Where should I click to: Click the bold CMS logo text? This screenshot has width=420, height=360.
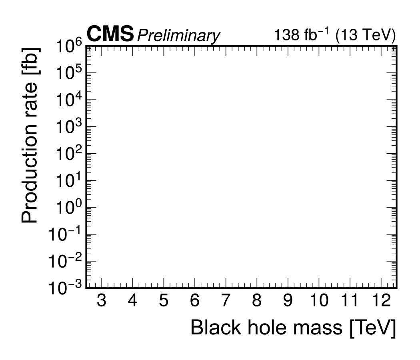tap(110, 34)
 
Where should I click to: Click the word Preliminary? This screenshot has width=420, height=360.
tap(178, 36)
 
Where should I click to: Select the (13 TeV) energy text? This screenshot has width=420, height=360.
tap(366, 36)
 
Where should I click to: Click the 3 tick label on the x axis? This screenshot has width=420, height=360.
tap(102, 300)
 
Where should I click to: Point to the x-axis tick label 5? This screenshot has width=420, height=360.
tap(164, 300)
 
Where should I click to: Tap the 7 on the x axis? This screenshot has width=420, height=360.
tap(226, 300)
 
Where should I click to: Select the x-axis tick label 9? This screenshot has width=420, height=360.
tap(288, 300)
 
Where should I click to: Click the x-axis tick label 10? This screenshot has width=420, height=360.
tap(319, 300)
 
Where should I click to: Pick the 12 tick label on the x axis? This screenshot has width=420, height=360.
tap(380, 300)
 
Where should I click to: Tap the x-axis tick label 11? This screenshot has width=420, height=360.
tap(350, 300)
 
